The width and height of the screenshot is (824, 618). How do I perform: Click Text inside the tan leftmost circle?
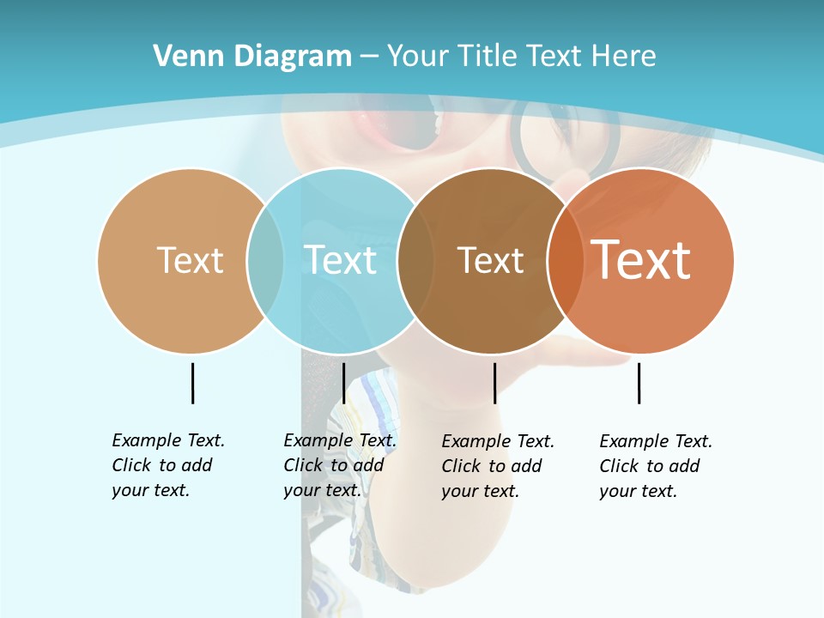[x=190, y=260]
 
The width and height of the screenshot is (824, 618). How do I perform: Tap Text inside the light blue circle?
[x=341, y=260]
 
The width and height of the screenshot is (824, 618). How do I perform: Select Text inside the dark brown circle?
[x=490, y=261]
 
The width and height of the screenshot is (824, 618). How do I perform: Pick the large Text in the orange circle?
[x=641, y=260]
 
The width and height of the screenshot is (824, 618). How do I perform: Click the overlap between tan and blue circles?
[x=265, y=261]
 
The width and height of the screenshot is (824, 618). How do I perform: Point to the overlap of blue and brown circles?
[x=415, y=261]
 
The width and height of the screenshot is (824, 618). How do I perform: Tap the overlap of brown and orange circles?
[x=565, y=261]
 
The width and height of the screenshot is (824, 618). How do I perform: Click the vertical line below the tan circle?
[x=192, y=383]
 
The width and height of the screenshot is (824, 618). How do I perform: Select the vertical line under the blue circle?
[x=343, y=383]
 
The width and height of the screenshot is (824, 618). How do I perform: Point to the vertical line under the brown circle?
[x=494, y=383]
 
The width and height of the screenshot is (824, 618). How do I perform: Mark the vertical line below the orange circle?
[x=639, y=383]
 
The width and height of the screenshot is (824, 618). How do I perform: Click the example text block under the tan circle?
[x=167, y=465]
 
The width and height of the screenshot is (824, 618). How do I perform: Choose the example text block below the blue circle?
[x=339, y=465]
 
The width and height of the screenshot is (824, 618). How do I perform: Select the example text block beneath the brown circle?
[x=497, y=466]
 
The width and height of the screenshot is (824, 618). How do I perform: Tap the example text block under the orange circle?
[x=655, y=466]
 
